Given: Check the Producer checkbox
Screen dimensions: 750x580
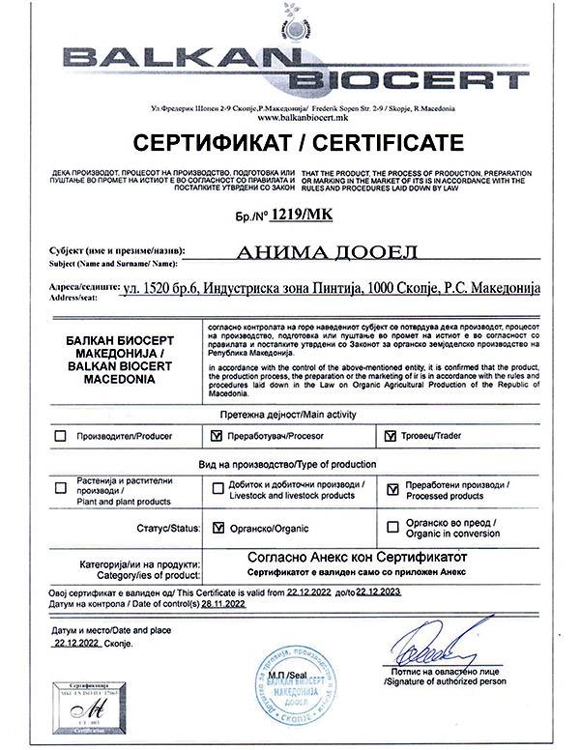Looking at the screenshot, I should tap(61, 436).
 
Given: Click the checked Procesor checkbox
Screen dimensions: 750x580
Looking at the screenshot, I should tap(217, 436).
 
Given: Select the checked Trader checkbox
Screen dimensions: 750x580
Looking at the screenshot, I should tap(391, 436).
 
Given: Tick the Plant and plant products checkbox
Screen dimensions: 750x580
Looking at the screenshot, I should tap(61, 488).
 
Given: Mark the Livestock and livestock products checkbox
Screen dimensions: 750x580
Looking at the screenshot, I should tap(217, 488).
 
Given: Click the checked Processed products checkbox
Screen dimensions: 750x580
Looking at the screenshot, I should tap(391, 489).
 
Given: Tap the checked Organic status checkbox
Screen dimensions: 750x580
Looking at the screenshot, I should tap(217, 527).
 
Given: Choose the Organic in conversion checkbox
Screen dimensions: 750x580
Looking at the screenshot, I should tap(391, 527).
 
